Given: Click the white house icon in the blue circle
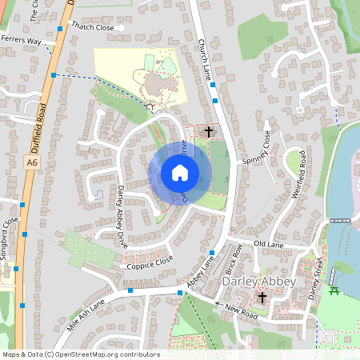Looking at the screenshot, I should [x=179, y=173].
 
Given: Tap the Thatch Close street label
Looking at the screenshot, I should [x=93, y=26].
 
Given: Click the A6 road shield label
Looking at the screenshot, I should [x=31, y=162].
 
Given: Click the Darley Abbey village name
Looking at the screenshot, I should [x=258, y=282].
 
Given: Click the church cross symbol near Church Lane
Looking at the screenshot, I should [x=210, y=131].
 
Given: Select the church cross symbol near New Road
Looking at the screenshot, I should [x=262, y=298].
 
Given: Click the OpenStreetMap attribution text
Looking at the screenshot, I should [x=80, y=354].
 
